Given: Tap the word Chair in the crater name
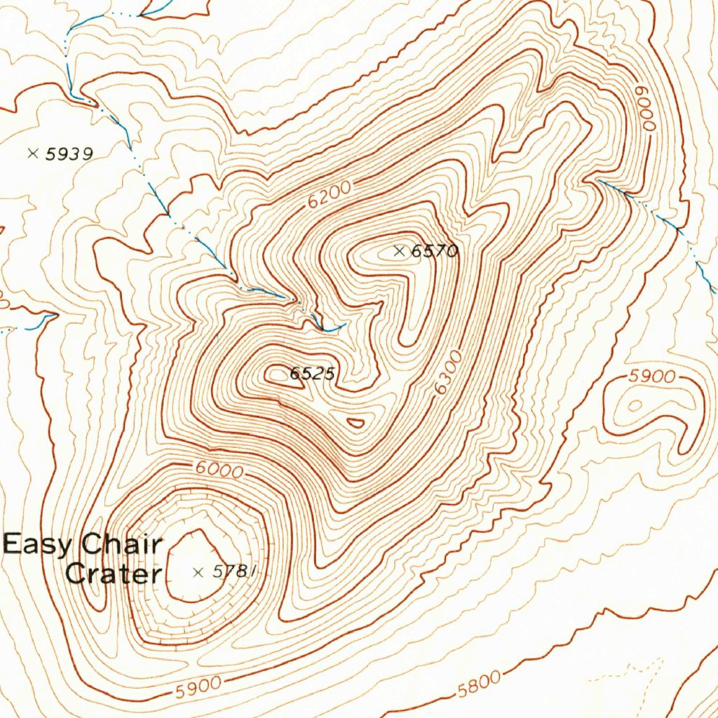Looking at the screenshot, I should click(122, 544).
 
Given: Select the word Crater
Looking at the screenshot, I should click(112, 574).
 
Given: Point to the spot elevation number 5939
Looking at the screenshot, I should click(69, 154).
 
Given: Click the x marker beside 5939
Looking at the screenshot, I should click(32, 153).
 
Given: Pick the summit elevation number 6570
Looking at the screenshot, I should click(435, 251).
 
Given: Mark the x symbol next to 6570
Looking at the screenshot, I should click(400, 250).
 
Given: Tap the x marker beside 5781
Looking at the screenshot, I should click(198, 572).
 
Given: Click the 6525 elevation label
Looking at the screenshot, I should click(312, 374).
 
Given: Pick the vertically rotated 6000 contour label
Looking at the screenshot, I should click(645, 109).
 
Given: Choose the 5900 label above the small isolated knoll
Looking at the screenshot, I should click(651, 377).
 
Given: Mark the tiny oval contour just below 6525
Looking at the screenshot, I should click(356, 422).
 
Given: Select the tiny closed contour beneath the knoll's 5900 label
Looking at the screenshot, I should click(635, 405).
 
